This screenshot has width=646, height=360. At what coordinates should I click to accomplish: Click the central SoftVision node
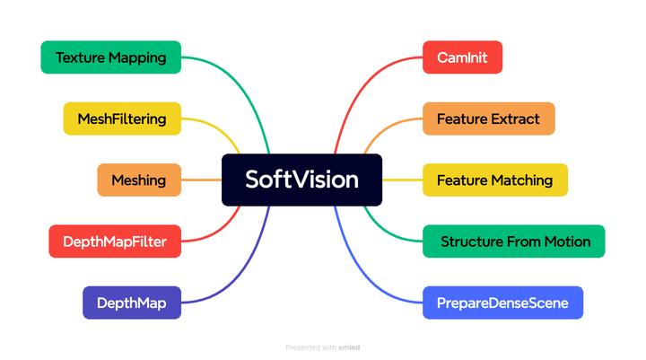point(301,180)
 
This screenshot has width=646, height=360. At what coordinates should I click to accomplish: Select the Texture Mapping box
point(111,57)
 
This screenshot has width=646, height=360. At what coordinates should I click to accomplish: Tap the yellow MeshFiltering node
point(122,119)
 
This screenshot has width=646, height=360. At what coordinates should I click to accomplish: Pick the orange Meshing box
point(138,180)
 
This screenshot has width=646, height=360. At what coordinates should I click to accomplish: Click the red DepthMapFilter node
point(114,241)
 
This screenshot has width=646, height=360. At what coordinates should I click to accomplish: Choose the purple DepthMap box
point(132,303)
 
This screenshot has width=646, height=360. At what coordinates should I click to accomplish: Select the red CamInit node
point(462,57)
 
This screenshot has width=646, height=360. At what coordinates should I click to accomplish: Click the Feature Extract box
point(488,119)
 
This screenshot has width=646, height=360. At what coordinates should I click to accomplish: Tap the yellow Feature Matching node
point(494,180)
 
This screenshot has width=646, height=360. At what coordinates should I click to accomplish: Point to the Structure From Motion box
point(514,241)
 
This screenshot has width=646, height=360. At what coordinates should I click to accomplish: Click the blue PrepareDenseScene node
point(502,303)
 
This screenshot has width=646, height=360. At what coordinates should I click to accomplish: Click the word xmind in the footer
point(350,347)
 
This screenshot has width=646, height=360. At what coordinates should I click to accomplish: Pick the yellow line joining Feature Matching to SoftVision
point(402,180)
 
